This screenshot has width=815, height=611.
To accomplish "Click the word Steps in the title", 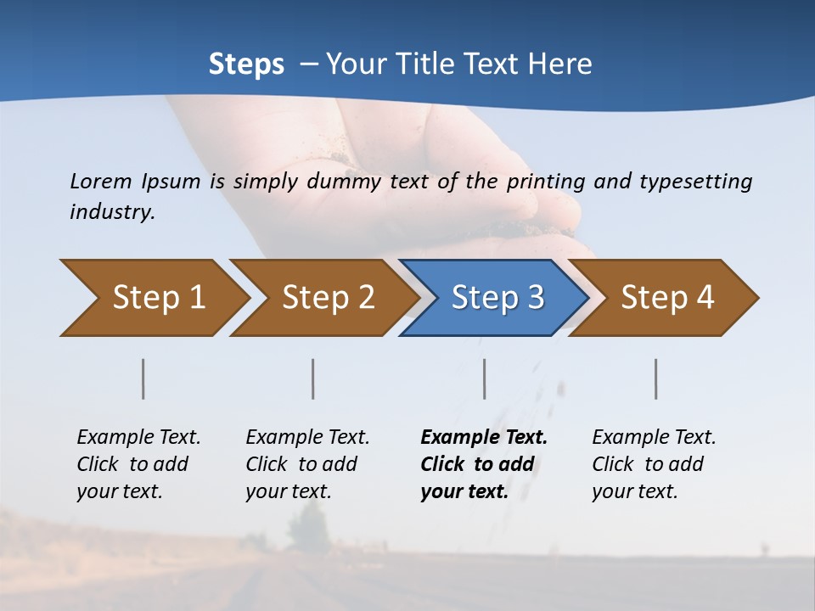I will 246,64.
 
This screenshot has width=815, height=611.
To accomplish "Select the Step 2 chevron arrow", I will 328,298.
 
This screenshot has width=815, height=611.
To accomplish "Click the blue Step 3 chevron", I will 497,298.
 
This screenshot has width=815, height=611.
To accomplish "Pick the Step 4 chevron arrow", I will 667,298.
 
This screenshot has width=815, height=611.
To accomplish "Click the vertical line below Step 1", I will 143,378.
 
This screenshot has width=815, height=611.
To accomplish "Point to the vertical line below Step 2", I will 313,378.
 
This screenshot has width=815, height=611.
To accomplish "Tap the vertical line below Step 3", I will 485,378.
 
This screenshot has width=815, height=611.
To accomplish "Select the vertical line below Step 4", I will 656,378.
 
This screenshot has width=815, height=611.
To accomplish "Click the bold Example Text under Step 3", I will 484,463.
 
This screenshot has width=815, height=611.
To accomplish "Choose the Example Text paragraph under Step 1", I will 138,463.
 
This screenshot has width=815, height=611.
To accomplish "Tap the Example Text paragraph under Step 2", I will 307,463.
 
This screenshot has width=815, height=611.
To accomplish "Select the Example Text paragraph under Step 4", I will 654,463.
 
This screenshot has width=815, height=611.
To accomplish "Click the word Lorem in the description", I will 101,181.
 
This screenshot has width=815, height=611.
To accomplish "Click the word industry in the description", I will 112,212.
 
